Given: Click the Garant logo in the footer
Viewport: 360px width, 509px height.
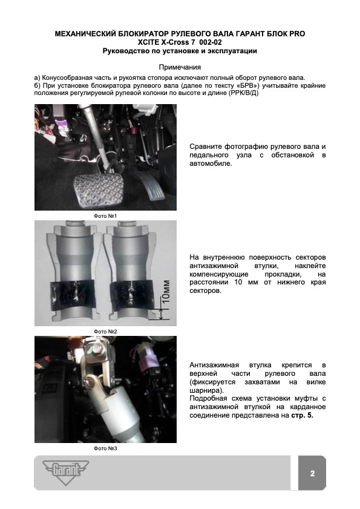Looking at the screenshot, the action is [x=65, y=472].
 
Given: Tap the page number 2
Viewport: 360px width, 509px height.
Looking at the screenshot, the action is [x=312, y=473].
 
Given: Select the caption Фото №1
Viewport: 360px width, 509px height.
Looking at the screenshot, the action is [x=105, y=216].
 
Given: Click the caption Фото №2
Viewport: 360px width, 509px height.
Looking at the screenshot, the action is [x=105, y=332].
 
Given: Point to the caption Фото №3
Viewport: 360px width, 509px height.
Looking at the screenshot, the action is [x=105, y=448].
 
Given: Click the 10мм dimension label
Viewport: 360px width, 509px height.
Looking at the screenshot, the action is [x=166, y=291].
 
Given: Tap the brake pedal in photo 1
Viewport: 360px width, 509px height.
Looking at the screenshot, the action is [x=99, y=190].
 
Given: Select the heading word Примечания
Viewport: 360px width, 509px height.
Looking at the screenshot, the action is [x=180, y=67].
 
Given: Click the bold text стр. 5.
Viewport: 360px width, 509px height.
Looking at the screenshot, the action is [x=302, y=415].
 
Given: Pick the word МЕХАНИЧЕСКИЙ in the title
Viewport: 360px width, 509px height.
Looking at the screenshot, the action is [x=85, y=34].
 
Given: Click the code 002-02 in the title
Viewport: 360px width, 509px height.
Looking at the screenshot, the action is [x=211, y=42].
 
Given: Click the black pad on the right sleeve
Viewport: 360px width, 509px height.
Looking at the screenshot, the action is [x=132, y=293].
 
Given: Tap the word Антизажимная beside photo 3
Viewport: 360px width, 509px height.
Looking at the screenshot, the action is [x=214, y=365].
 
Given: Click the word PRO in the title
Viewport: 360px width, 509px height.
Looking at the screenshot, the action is [x=298, y=34].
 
